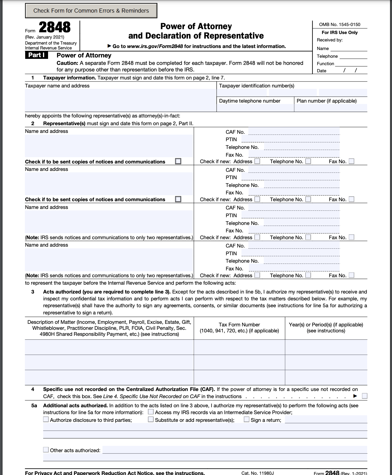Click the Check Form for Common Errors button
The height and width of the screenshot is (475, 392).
91,11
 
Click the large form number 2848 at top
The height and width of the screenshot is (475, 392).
54,28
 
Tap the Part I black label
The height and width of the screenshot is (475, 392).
36,55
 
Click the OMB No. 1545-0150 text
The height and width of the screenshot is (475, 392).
340,25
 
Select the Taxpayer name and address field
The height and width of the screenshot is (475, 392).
120,100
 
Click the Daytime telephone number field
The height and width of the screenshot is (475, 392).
255,108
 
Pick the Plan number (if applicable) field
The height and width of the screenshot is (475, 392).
330,108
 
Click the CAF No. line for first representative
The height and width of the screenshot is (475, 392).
294,132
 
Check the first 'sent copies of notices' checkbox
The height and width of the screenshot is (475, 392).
178,161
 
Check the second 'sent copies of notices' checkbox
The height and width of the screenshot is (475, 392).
178,199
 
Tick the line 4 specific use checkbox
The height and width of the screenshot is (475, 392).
365,396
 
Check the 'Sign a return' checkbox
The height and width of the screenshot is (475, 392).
246,419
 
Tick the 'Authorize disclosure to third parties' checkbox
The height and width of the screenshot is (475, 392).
46,419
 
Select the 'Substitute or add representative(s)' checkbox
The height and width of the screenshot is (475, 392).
151,419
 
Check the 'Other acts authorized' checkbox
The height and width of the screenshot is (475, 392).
46,450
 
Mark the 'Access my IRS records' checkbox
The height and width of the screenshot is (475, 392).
151,412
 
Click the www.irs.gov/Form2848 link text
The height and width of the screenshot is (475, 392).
155,46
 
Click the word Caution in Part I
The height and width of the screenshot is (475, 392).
67,63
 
